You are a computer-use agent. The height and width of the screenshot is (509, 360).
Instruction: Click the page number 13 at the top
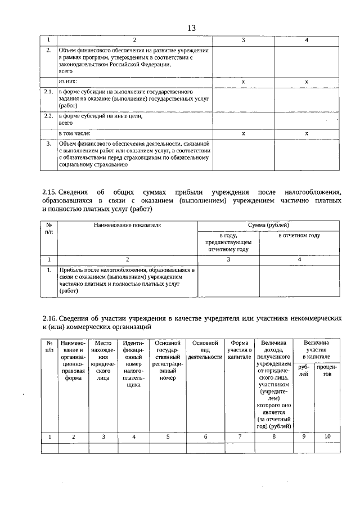click(x=191, y=29)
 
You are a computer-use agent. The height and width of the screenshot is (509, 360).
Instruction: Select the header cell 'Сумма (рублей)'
click(x=268, y=225)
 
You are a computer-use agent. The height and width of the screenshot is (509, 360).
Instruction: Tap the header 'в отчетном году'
click(x=299, y=235)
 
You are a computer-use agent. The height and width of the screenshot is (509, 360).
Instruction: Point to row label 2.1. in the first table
click(x=49, y=91)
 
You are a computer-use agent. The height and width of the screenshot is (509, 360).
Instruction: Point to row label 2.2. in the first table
click(x=49, y=116)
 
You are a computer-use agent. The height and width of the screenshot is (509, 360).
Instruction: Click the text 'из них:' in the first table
click(x=68, y=82)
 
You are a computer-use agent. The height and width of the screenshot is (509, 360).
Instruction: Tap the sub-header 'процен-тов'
click(x=327, y=371)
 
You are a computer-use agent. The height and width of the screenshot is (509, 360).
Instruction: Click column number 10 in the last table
click(x=327, y=436)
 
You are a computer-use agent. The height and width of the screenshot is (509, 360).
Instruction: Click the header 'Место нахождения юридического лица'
click(x=103, y=361)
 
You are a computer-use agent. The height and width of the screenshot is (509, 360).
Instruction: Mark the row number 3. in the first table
click(x=49, y=144)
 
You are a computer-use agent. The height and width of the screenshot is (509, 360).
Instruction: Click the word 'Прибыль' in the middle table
click(x=71, y=271)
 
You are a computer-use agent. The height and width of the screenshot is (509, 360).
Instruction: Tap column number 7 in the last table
click(x=239, y=436)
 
